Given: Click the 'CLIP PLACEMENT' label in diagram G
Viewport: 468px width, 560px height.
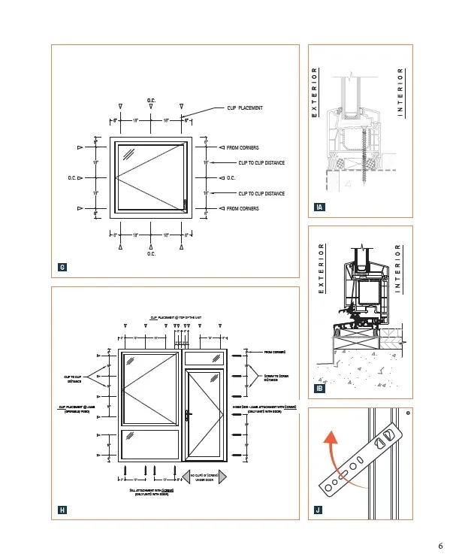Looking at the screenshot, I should point(245,108).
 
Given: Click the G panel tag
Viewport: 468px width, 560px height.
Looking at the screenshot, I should point(62,268).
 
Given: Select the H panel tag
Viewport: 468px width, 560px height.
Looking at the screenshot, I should point(62,510).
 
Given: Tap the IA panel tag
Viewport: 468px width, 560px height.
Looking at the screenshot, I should point(320,207).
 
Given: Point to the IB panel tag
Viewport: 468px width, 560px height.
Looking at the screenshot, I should point(320,388).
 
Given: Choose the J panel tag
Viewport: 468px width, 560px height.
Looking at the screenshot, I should point(319,510).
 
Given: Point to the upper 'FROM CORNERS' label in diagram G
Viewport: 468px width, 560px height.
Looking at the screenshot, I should point(243,147).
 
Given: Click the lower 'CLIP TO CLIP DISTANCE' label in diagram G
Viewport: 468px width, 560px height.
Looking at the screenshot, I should point(261,193).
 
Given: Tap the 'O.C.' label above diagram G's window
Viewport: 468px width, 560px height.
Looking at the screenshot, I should point(151,101).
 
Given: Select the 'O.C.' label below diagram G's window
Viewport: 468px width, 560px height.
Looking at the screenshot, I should point(151,253).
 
